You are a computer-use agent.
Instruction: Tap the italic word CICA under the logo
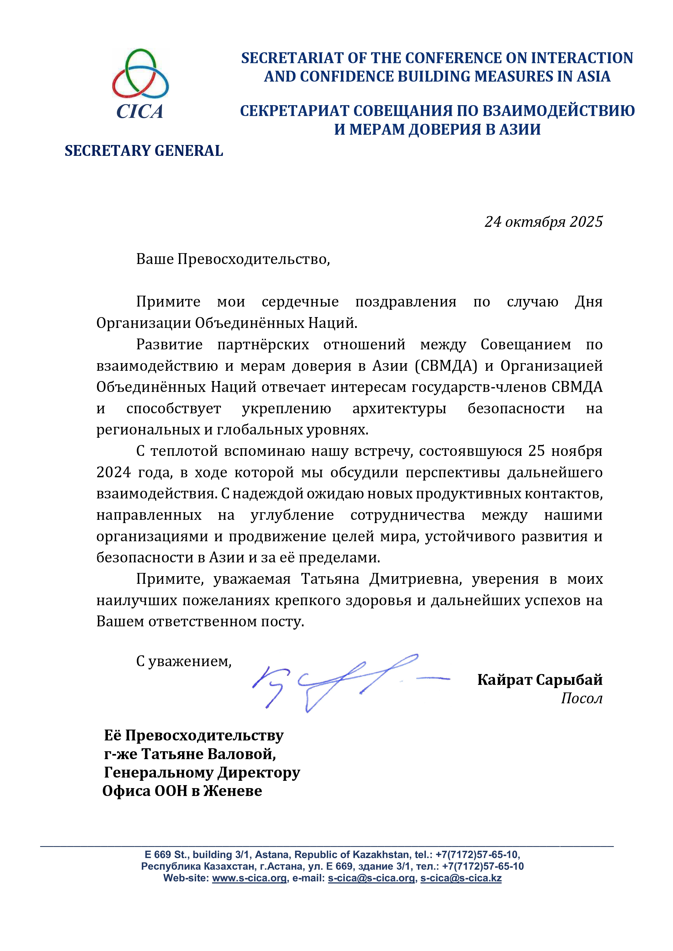(x=140, y=111)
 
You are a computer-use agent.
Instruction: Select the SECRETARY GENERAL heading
(x=144, y=151)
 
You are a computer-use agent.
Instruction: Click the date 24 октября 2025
(x=543, y=222)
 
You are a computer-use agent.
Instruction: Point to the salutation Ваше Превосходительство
(x=233, y=259)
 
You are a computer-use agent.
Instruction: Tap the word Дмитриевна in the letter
(x=416, y=579)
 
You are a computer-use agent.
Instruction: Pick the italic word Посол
(x=581, y=698)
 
